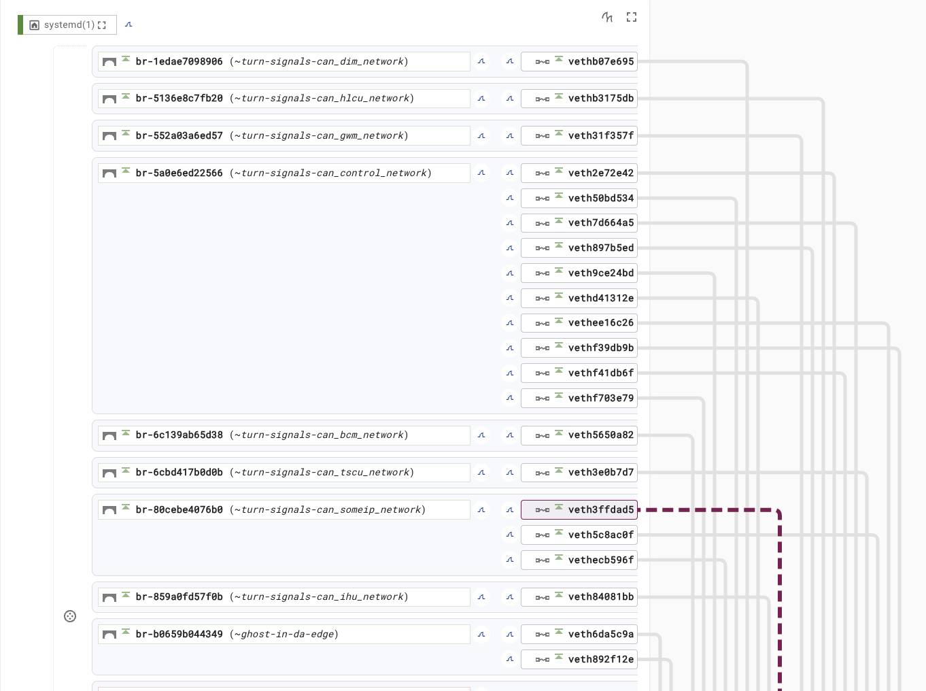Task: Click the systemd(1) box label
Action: click(x=69, y=25)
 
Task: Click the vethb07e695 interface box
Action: click(x=579, y=62)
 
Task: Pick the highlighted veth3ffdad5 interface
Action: click(x=579, y=509)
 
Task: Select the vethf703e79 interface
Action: click(x=579, y=398)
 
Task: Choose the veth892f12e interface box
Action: click(x=579, y=659)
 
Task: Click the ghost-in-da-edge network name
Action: click(x=287, y=634)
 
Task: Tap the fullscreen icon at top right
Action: click(x=632, y=17)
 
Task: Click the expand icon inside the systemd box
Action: click(x=102, y=25)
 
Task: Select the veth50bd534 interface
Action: click(x=579, y=198)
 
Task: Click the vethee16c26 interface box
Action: click(x=579, y=323)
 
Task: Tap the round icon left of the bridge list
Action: click(x=70, y=616)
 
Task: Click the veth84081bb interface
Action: click(x=579, y=597)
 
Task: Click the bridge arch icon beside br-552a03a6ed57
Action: click(x=109, y=136)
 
